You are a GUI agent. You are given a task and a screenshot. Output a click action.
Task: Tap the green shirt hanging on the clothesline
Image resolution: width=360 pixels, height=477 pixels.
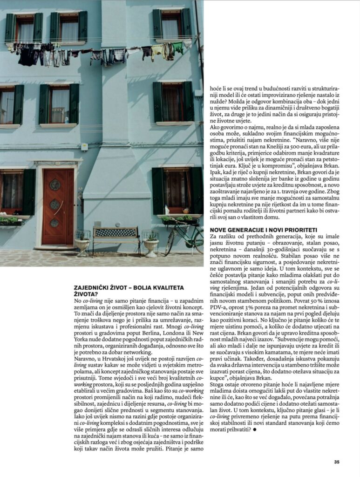pos(177,48)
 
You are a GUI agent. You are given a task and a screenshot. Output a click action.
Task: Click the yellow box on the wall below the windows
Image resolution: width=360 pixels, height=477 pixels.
pos(84,147)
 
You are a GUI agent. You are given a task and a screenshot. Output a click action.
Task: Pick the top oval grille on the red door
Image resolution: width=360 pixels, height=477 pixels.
pos(55,185)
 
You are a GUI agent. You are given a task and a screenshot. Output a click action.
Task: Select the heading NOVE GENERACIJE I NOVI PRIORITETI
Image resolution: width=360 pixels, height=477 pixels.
pos(263,230)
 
